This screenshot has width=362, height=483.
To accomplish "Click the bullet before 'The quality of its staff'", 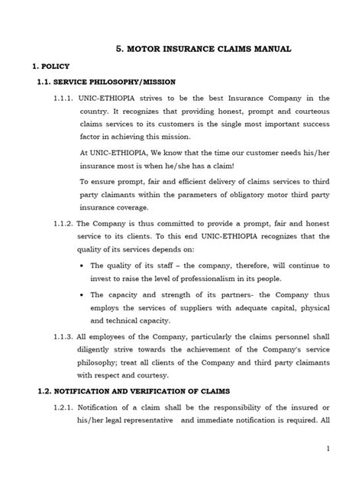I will tap(82, 266).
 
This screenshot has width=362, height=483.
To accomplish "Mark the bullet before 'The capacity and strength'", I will tap(82, 294).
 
